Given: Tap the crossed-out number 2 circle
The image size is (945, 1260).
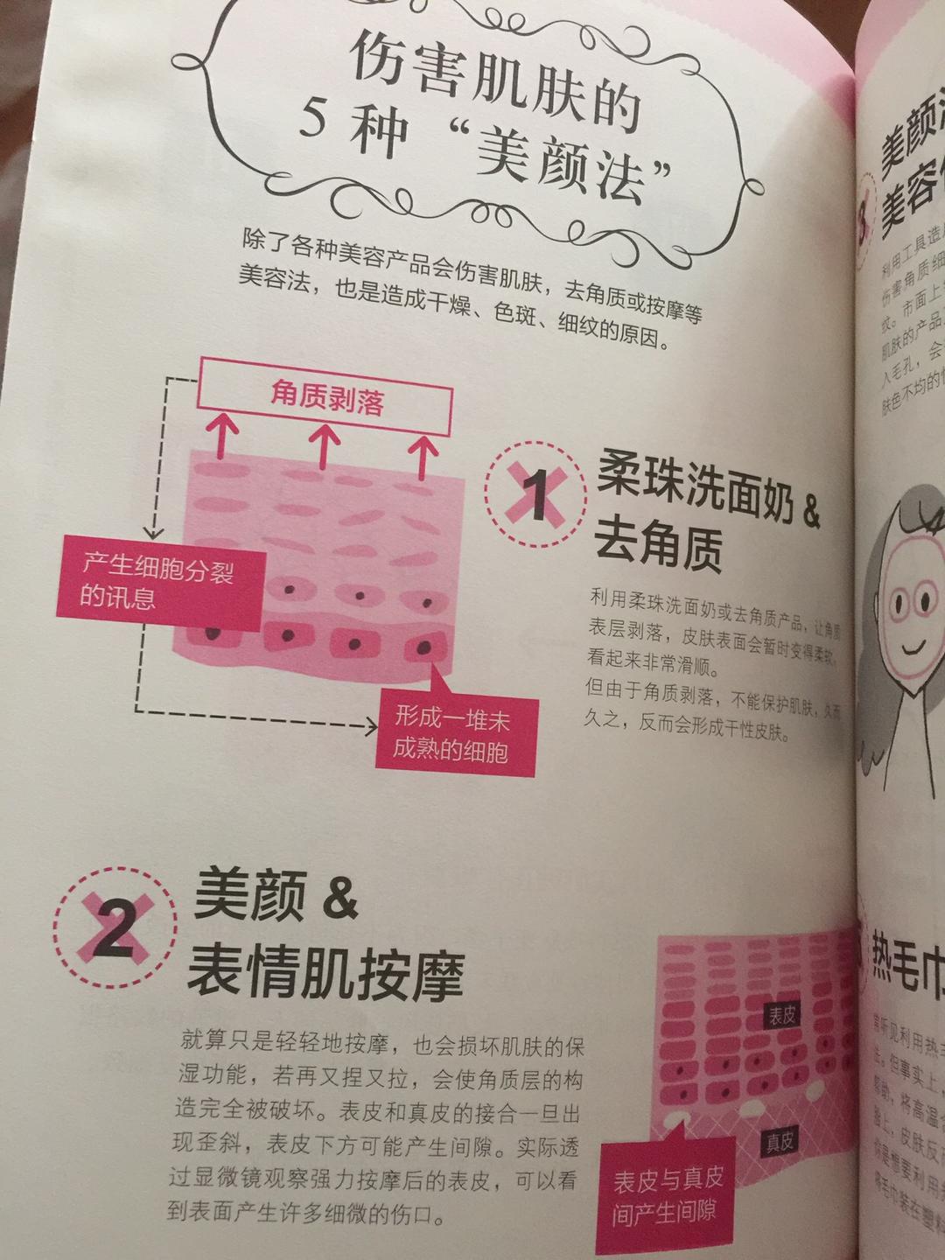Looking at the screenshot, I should point(115,931).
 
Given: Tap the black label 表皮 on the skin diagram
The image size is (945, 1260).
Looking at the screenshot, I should point(780,1017).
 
